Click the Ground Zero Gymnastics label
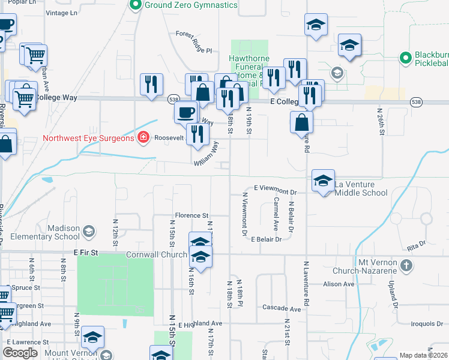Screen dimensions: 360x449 coord(191,5)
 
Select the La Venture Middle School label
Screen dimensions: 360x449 coord(361,188)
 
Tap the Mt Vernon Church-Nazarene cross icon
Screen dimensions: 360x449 coord(406,265)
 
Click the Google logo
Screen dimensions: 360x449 coord(20,353)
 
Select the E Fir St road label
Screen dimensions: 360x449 coord(85,254)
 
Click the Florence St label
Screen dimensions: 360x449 coord(191,215)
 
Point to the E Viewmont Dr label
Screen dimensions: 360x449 coord(276,188)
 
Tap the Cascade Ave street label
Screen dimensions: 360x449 coord(282,308)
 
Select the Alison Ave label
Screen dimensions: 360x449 coord(339,284)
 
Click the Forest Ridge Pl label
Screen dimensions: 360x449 coord(194,34)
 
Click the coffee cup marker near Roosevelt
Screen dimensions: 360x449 coord(186,112)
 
